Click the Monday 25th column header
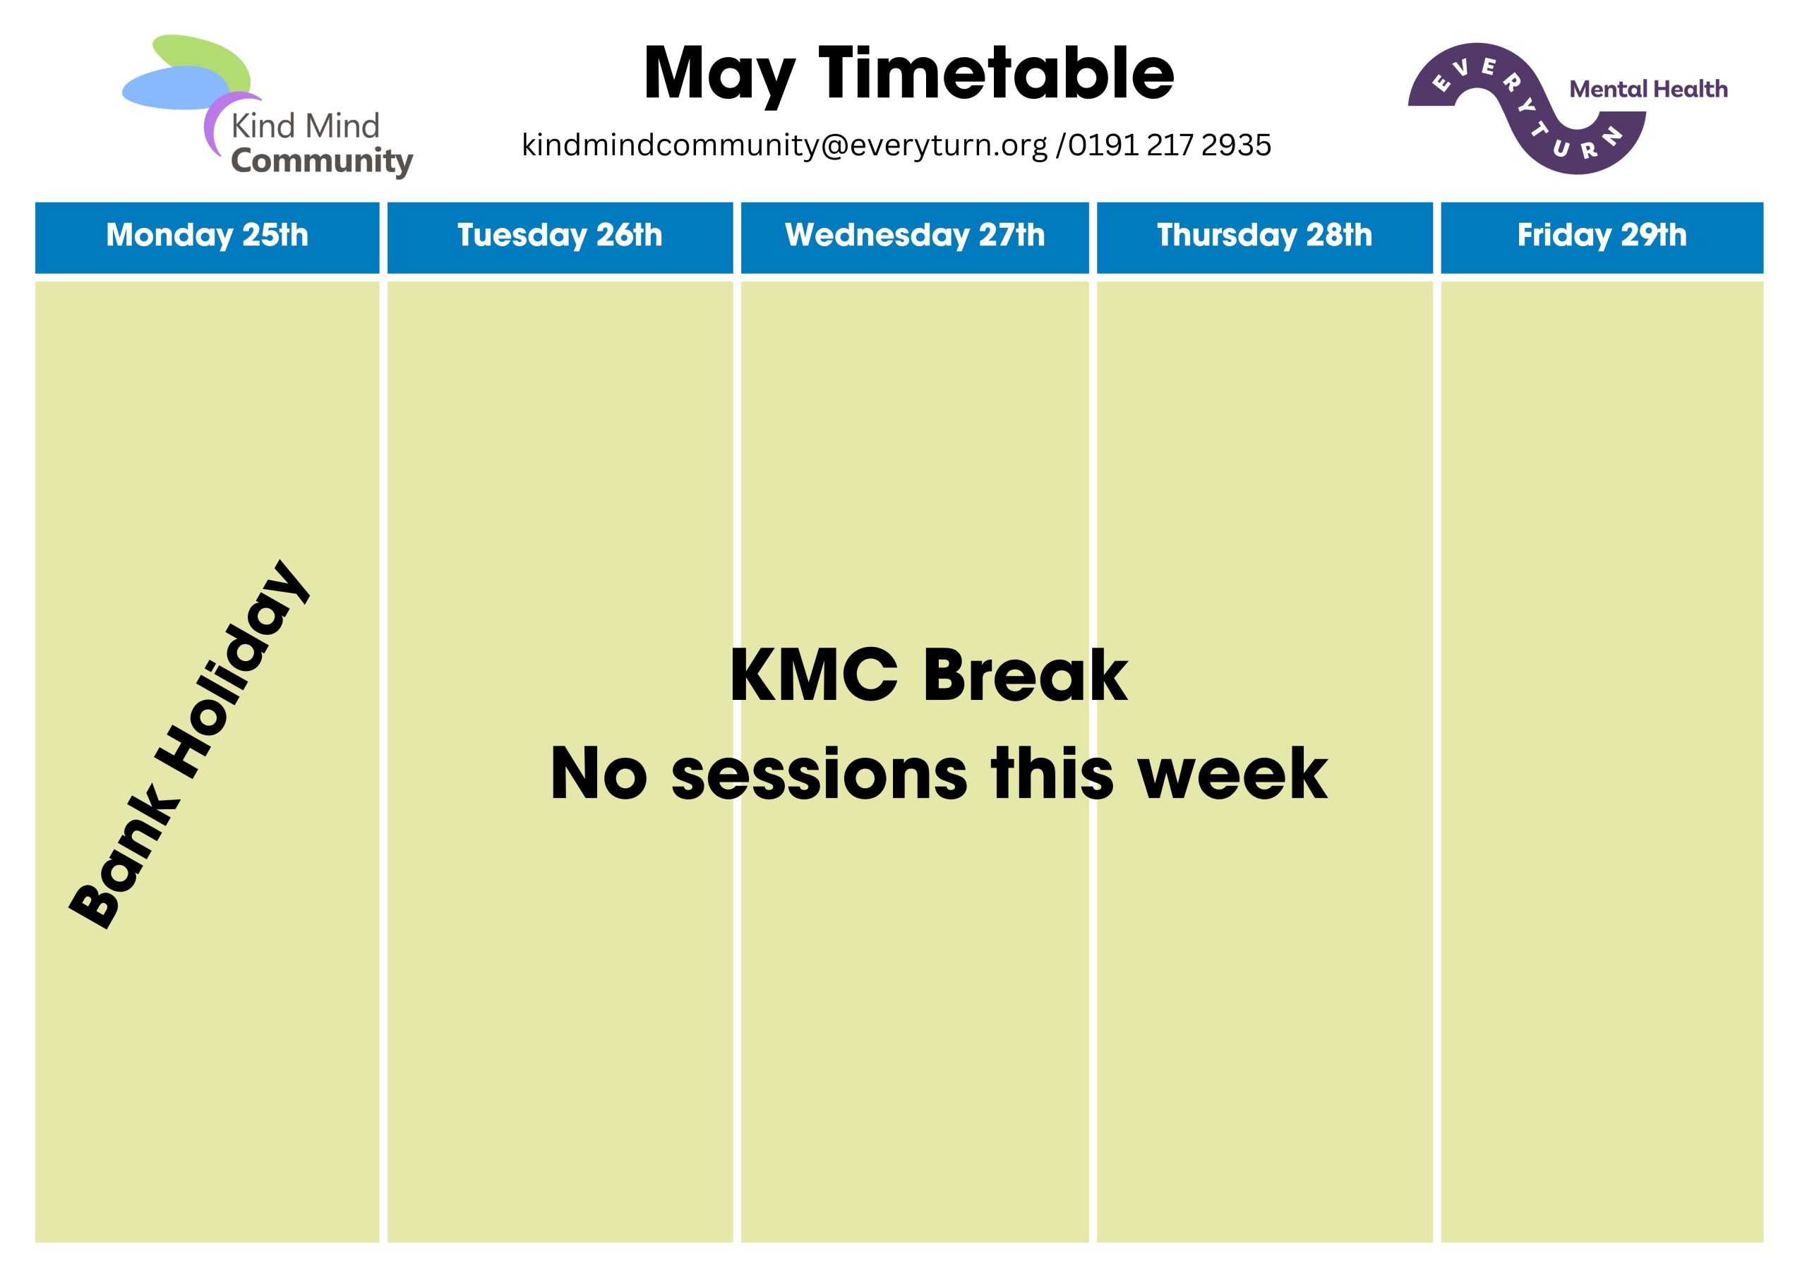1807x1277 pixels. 207,238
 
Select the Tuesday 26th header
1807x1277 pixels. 560,238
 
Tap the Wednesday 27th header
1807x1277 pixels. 915,238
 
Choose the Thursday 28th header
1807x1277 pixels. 1265,238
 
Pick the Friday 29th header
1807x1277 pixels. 1602,238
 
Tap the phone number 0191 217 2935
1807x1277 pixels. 1170,145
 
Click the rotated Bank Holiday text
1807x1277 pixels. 189,744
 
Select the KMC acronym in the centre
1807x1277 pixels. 814,675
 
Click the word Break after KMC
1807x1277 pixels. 1026,675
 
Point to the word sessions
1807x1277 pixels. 819,775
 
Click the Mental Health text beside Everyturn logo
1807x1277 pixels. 1648,89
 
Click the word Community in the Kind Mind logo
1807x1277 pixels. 322,162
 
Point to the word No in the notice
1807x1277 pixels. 598,774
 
